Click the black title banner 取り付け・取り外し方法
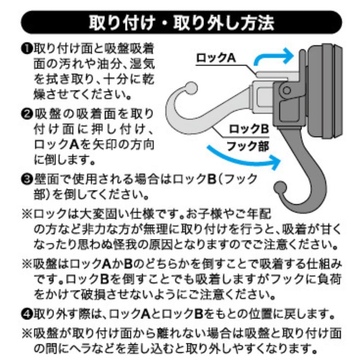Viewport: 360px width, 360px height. pyautogui.click(x=180, y=22)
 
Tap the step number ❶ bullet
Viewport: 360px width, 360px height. pyautogui.click(x=28, y=49)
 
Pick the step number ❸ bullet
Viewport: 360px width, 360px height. pyautogui.click(x=28, y=179)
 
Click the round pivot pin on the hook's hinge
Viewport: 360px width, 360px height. pyautogui.click(x=285, y=90)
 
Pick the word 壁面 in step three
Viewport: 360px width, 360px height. pyautogui.click(x=45, y=179)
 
